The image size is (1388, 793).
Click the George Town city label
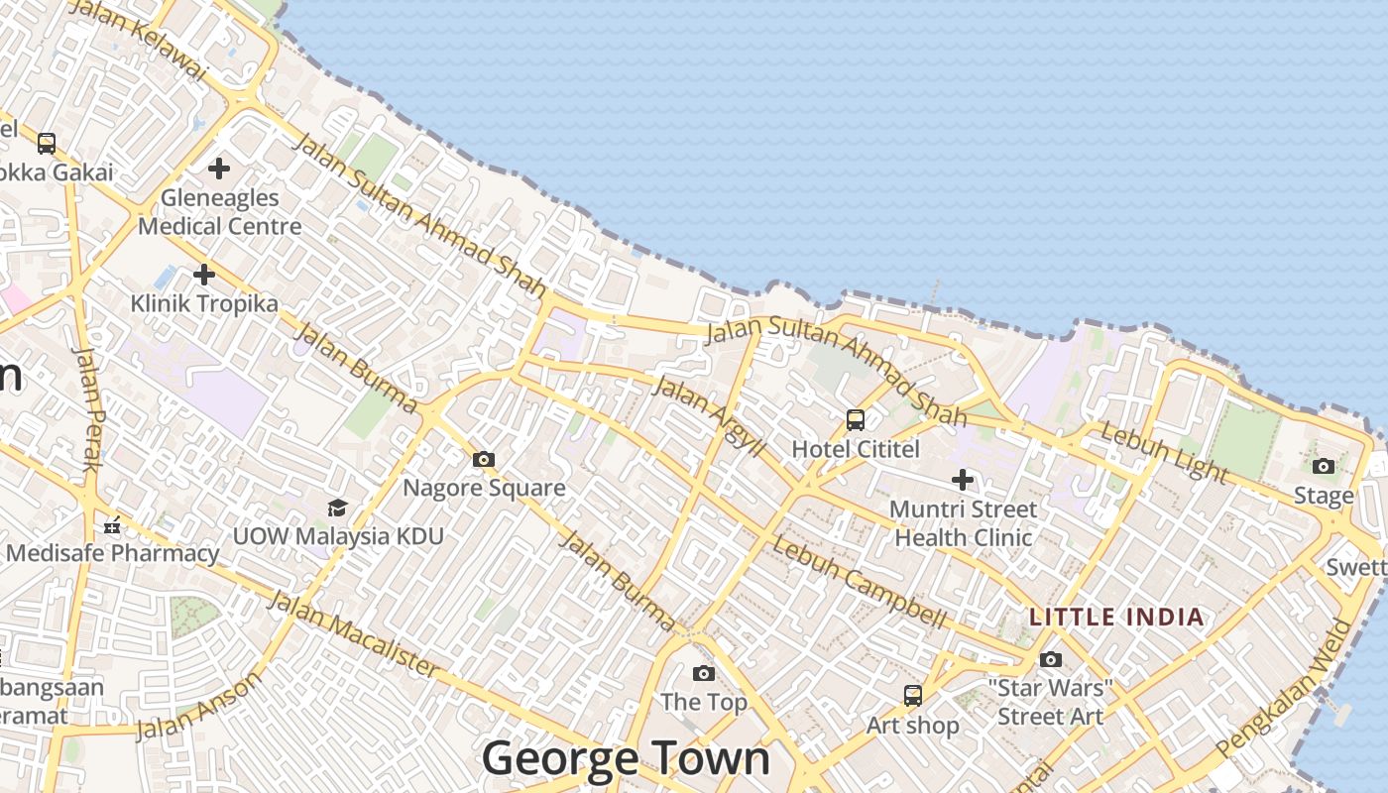[626, 759]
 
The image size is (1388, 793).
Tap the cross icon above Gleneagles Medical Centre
[219, 169]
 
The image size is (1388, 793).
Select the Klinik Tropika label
[204, 303]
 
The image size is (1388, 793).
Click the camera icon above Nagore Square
[484, 459]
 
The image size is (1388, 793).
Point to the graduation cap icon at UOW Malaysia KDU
[337, 508]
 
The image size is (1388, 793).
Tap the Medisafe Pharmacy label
[113, 553]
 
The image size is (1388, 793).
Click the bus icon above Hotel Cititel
[856, 420]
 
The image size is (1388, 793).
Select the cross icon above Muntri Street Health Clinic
[962, 481]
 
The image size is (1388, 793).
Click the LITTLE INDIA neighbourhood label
[1116, 618]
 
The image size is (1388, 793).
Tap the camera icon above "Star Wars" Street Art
[1051, 659]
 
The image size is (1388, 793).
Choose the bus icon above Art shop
[913, 696]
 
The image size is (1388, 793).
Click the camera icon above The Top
[704, 674]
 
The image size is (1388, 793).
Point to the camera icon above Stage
[1324, 466]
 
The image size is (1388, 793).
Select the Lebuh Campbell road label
[860, 582]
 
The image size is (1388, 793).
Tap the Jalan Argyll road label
[710, 416]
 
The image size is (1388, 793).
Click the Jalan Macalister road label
[353, 634]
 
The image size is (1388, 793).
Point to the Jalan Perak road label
[88, 409]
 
